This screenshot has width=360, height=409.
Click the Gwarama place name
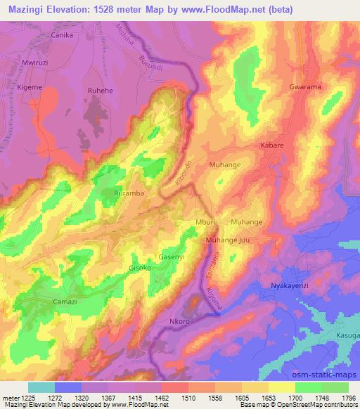pos(305,87)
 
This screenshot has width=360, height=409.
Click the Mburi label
pos(205,222)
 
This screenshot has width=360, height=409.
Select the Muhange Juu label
pos(227,240)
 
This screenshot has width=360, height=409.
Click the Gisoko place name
pos(139,268)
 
